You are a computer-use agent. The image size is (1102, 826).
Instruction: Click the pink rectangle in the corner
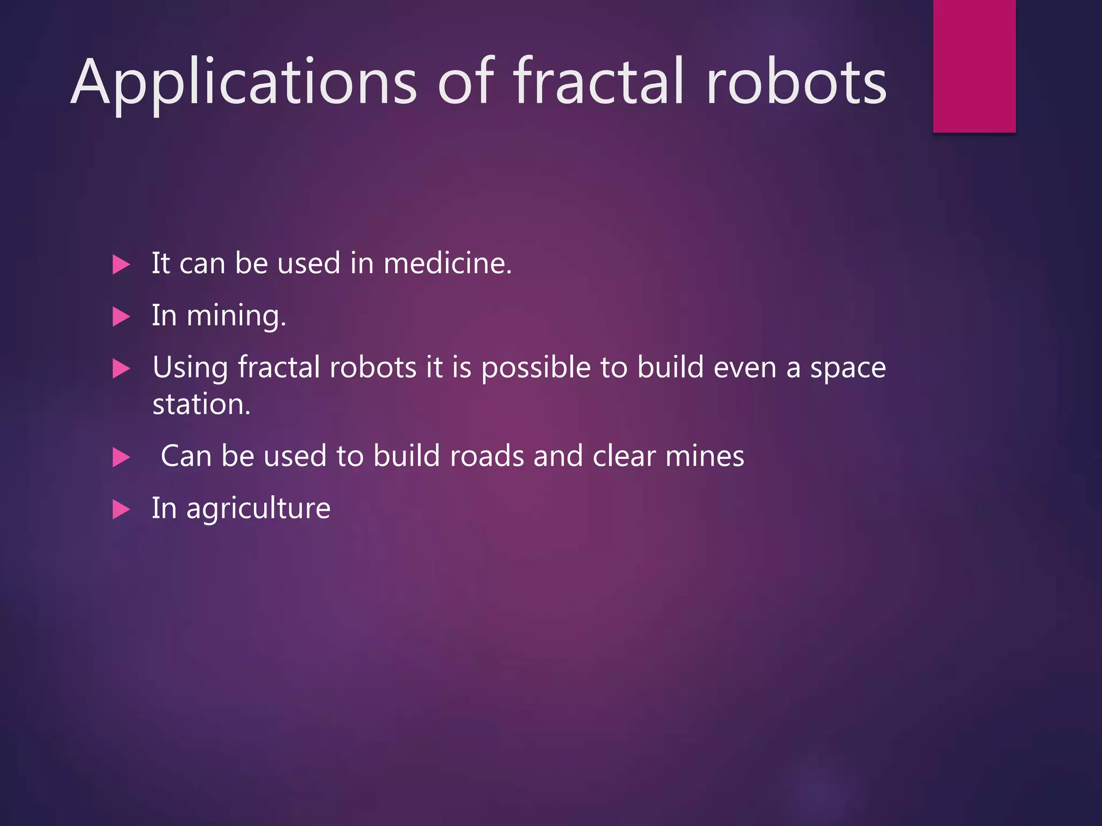[974, 66]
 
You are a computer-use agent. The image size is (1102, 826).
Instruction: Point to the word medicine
[447, 264]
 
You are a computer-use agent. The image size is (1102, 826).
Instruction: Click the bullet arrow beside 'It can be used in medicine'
[121, 265]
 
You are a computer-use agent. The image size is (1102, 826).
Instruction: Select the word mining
[236, 316]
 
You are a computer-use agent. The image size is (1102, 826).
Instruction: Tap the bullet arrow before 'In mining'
[121, 317]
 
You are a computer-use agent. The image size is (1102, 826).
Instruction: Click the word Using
[190, 368]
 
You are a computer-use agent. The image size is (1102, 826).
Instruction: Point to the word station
[201, 404]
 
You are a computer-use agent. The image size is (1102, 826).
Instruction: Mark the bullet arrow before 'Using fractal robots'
[121, 369]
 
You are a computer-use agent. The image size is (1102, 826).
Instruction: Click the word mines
[705, 456]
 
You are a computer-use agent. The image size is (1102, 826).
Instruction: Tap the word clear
[624, 456]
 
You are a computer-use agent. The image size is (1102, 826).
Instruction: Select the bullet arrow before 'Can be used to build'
[121, 458]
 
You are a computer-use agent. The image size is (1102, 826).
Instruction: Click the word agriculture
[258, 509]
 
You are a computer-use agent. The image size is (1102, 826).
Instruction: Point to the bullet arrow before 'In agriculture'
[121, 509]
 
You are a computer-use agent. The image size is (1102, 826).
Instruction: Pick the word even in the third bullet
[745, 368]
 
